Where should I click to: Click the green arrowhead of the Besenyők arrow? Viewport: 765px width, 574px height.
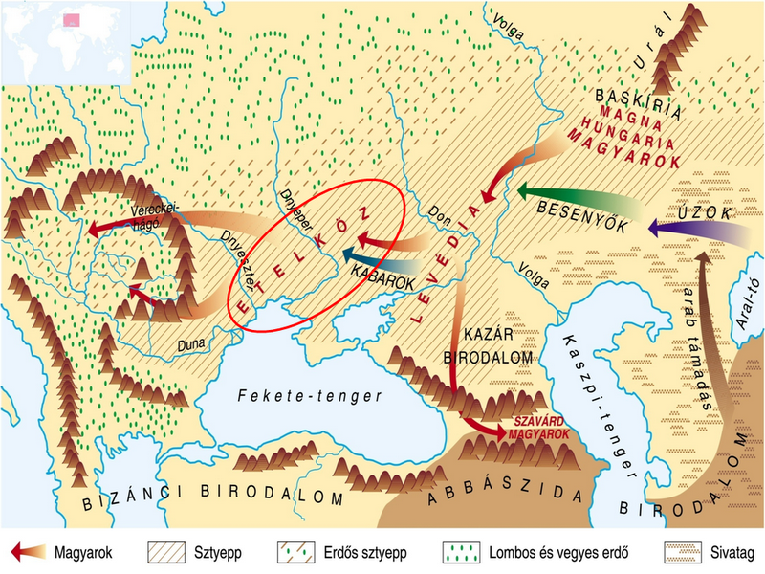[x=524, y=192]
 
